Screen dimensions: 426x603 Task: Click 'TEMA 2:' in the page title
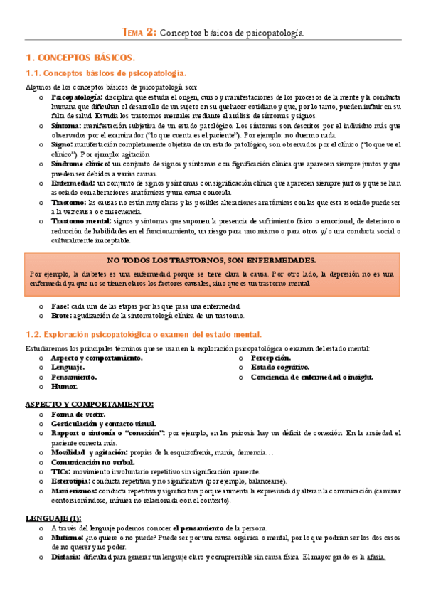(x=139, y=32)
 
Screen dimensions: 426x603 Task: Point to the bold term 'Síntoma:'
(x=66, y=124)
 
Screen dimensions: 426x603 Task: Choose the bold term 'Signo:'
(x=63, y=144)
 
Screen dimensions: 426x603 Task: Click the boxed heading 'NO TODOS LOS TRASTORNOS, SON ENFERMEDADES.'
(x=213, y=260)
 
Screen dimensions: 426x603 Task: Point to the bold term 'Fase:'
(x=60, y=306)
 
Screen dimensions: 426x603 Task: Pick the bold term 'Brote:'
(x=61, y=315)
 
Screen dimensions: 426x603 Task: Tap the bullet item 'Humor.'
(x=63, y=387)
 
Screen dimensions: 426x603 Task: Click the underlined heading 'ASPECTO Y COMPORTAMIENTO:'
(x=89, y=405)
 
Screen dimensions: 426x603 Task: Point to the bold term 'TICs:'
(x=61, y=471)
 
